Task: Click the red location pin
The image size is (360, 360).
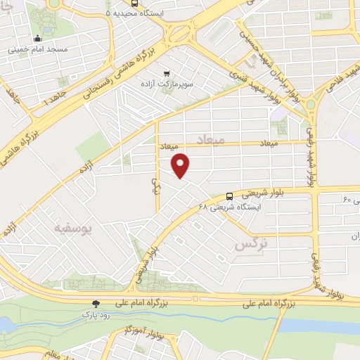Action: pos(181,165)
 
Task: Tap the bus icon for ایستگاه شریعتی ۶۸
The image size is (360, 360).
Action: pos(230,196)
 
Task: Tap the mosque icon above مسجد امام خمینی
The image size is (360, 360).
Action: pos(37,39)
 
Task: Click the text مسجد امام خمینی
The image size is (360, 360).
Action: pos(38,50)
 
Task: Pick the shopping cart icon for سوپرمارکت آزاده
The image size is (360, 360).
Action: pos(167,72)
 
